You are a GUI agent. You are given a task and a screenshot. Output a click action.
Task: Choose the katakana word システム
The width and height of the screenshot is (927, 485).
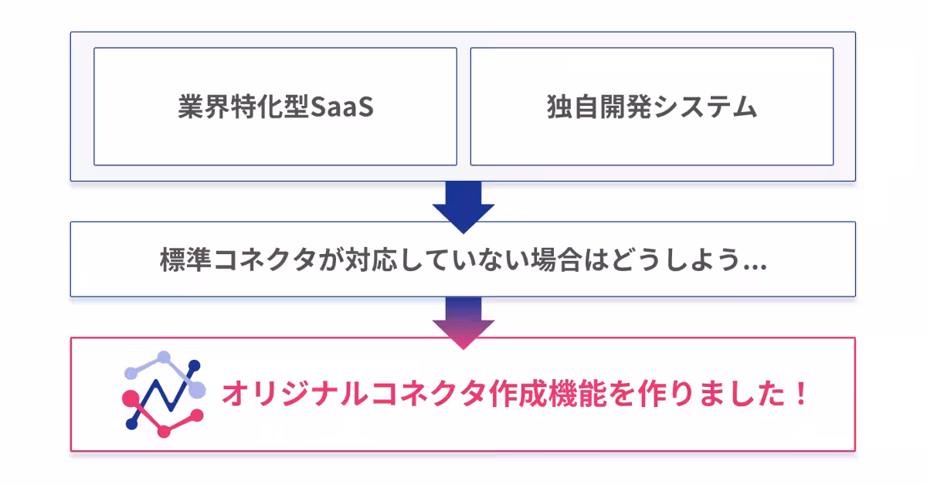point(704,107)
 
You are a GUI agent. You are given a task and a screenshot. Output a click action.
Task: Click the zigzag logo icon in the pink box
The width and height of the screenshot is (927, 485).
point(164,394)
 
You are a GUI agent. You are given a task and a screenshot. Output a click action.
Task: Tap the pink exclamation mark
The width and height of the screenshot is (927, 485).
point(800,395)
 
